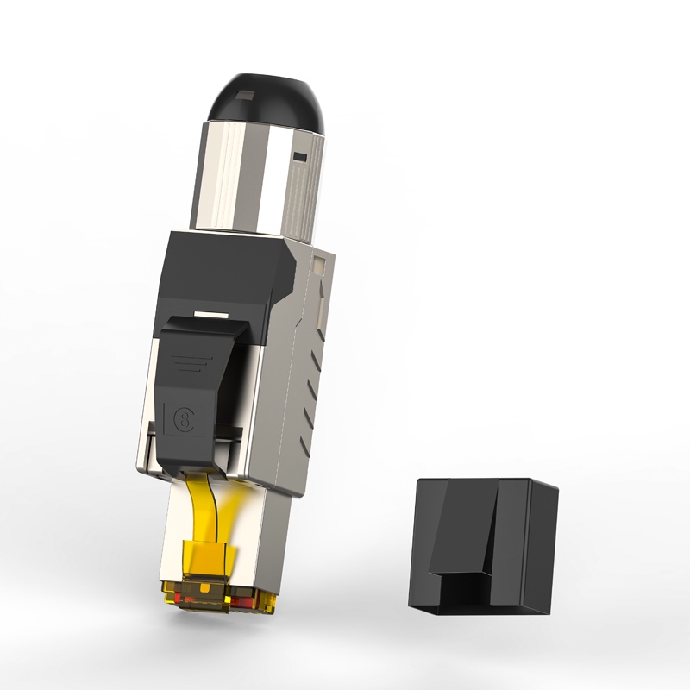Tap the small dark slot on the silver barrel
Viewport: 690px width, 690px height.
tap(300, 157)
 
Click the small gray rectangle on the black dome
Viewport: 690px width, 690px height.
tap(243, 97)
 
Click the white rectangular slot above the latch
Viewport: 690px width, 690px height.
tap(211, 315)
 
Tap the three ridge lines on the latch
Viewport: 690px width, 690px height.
tap(190, 364)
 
